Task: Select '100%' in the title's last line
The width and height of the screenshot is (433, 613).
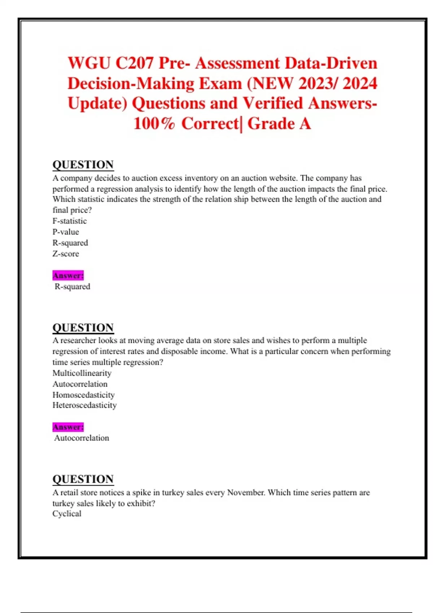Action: tap(154, 123)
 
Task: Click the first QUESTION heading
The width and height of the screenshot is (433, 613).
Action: tap(83, 164)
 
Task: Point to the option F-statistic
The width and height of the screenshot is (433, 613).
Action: tap(70, 221)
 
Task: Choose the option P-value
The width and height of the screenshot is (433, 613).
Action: tap(66, 231)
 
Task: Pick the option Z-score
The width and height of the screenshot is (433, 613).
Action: tap(66, 253)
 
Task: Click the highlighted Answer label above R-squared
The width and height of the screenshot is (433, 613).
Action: tap(68, 275)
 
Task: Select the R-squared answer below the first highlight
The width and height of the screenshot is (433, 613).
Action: tap(72, 286)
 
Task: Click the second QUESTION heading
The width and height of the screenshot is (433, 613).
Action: tap(83, 327)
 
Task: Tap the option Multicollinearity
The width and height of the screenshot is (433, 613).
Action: tap(82, 373)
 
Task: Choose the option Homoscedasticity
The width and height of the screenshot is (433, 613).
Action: tap(84, 394)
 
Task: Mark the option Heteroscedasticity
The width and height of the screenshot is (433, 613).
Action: tap(85, 405)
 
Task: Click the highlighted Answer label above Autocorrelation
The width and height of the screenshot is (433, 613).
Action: tap(68, 427)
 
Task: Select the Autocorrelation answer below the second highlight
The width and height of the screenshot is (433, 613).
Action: tap(82, 438)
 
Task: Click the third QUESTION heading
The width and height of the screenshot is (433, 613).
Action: tap(83, 479)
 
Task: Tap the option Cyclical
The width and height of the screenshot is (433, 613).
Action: tap(67, 513)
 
